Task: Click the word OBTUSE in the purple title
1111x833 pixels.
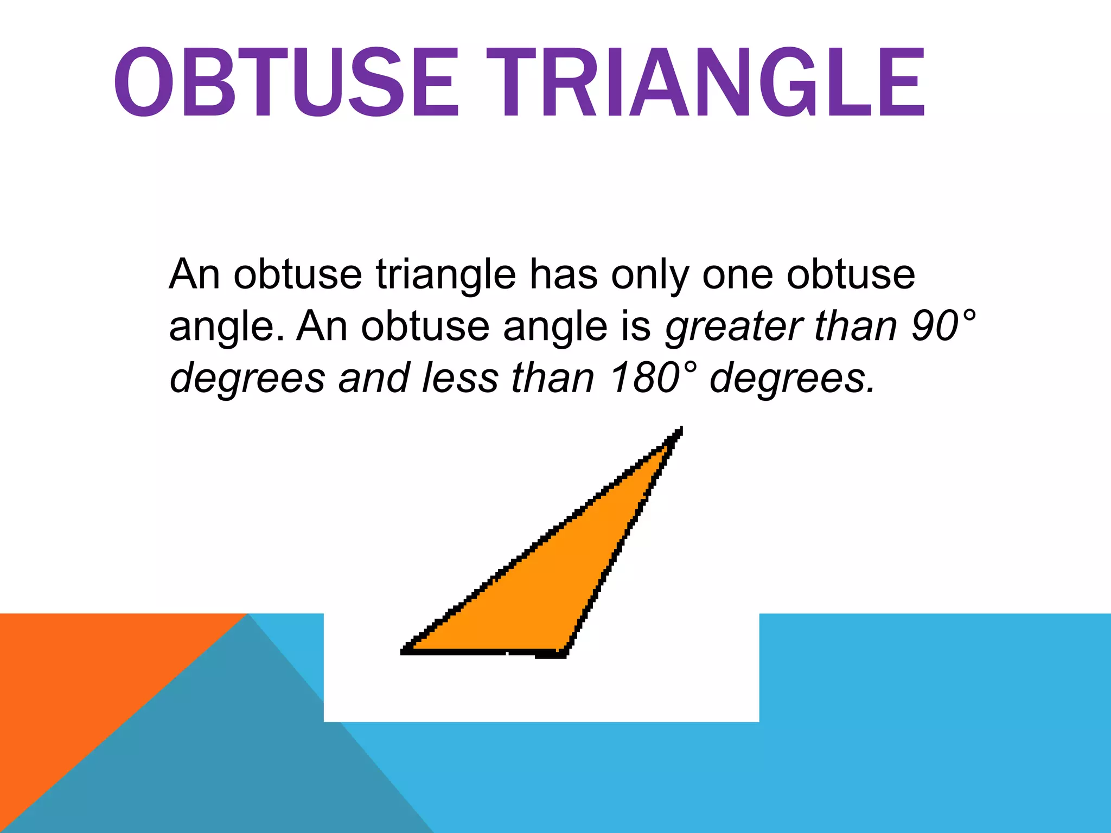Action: pos(286,82)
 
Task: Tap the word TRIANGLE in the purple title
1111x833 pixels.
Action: pos(705,82)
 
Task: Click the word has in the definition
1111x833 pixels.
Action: pos(564,274)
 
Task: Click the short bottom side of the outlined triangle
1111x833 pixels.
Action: pos(483,651)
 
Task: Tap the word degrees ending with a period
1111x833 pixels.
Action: pos(793,379)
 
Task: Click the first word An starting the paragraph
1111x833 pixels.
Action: pos(195,274)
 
